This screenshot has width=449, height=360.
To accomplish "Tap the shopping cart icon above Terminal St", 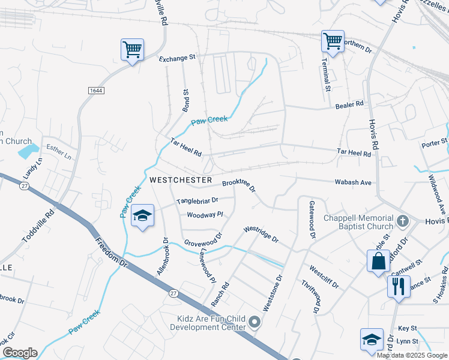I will pyautogui.click(x=332, y=41).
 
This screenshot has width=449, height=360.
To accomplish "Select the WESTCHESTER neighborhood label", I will pyautogui.click(x=180, y=180).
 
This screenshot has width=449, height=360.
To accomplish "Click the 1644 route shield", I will pyautogui.click(x=95, y=90).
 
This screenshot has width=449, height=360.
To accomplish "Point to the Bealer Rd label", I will pyautogui.click(x=350, y=104).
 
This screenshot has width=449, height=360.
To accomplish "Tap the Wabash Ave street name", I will pyautogui.click(x=353, y=182).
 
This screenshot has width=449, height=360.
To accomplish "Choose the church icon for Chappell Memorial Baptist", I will pyautogui.click(x=403, y=221).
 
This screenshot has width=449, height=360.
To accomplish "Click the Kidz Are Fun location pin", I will pyautogui.click(x=255, y=323).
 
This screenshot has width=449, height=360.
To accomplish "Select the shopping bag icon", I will pyautogui.click(x=378, y=261).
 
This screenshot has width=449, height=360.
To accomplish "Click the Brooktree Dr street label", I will pyautogui.click(x=239, y=185).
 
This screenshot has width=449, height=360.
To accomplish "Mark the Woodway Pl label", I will pyautogui.click(x=205, y=214).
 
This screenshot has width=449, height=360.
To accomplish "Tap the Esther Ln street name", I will pyautogui.click(x=59, y=153).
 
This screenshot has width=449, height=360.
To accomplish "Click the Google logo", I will pyautogui.click(x=19, y=353).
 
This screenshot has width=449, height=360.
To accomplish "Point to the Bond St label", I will pyautogui.click(x=185, y=100).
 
